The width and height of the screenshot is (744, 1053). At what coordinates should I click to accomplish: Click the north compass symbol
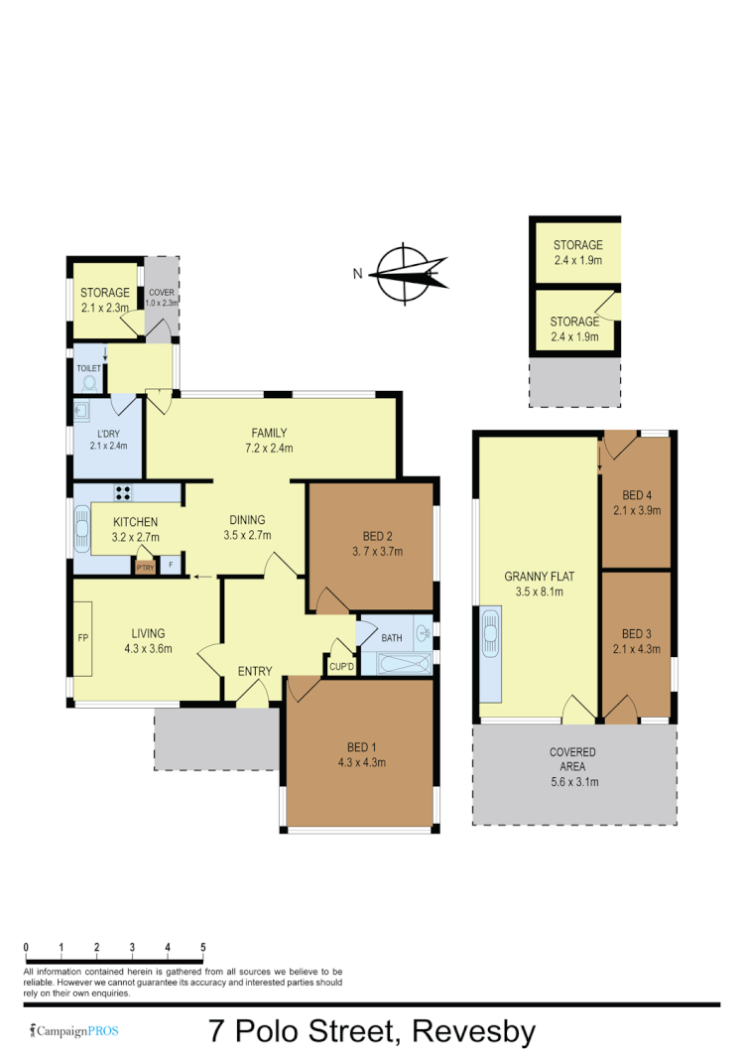click(406, 270)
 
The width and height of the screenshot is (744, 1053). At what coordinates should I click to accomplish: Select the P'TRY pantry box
click(145, 567)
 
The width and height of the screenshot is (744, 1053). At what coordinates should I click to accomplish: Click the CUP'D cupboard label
click(341, 665)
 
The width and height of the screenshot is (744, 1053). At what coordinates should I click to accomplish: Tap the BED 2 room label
click(371, 536)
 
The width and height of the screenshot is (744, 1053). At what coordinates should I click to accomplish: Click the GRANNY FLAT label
click(539, 576)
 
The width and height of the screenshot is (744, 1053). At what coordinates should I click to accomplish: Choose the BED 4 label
click(637, 495)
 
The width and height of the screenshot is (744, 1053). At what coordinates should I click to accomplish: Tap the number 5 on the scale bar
click(202, 947)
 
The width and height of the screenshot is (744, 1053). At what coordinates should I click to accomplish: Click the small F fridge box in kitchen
click(172, 566)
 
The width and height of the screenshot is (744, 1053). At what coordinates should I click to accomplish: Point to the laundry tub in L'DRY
click(82, 410)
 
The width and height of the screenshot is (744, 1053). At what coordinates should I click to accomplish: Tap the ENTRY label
click(255, 672)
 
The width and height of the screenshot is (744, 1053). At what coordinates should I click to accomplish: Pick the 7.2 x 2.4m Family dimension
click(269, 448)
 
